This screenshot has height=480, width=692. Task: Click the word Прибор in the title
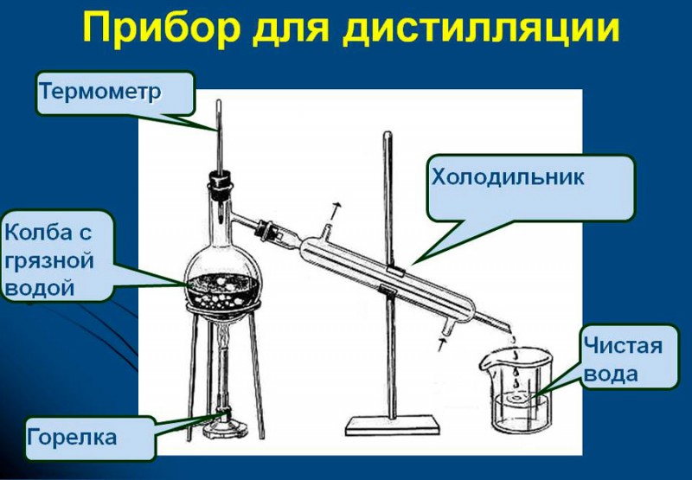pos(162,28)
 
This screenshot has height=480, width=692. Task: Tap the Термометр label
pos(100,92)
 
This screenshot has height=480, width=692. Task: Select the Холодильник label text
pos(508,177)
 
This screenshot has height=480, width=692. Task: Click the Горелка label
pos(72,438)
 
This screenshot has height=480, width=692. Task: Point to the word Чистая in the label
pos(623,345)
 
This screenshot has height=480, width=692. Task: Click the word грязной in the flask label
pos(49,261)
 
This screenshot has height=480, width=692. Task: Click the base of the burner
pos(225,430)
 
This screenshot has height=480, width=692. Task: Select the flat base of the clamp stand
pos(393,426)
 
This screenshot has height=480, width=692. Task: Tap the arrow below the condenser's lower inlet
pos(441,344)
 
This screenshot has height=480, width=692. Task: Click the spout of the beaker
pos(485,363)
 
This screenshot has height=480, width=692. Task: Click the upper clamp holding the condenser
pos(394,271)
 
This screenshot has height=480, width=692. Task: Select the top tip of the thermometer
pos(218,101)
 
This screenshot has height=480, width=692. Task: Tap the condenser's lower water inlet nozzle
pos(448,328)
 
